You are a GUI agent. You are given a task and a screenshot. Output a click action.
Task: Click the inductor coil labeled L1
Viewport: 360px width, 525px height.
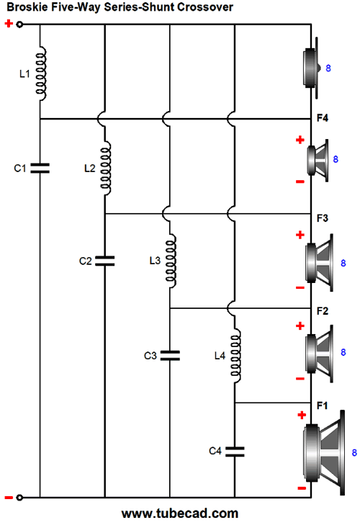coord(41,73)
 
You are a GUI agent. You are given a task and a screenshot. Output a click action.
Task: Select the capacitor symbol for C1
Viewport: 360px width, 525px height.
coord(40,168)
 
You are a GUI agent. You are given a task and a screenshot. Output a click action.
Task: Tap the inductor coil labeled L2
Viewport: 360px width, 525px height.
coord(106,168)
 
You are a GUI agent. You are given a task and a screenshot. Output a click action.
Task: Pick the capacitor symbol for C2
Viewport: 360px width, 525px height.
coord(105,261)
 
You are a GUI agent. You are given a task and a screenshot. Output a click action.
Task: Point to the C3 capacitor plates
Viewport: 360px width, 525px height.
coord(170,356)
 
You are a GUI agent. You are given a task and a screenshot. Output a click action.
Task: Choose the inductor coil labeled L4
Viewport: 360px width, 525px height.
coord(235,356)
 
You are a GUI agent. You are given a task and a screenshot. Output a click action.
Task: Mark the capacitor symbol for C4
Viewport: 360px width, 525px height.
coord(235,452)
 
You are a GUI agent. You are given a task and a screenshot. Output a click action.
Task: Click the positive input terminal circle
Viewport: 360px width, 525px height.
coord(19,24)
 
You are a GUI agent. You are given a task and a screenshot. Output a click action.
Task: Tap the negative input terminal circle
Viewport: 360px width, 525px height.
coord(19,498)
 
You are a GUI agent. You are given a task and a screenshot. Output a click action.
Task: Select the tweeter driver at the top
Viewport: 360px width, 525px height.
coord(312,68)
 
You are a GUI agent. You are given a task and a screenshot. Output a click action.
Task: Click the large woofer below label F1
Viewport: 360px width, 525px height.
coord(324,453)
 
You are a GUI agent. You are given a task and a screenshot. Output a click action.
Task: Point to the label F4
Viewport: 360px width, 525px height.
coord(323,118)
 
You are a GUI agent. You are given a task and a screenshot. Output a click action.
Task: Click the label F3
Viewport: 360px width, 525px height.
coord(323,218)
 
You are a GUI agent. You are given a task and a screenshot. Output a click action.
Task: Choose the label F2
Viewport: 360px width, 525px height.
coord(323,311)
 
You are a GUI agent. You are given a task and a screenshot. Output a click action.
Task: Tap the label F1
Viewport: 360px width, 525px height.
coord(322,405)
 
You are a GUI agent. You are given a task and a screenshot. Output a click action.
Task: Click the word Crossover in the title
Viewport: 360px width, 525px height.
coord(205,7)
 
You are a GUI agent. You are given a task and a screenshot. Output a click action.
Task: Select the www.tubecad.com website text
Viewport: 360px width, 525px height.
coord(180,513)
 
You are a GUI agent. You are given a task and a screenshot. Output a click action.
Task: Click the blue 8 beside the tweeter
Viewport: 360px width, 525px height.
coord(328,68)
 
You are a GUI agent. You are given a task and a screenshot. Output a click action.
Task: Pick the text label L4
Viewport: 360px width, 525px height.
coord(220,356)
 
